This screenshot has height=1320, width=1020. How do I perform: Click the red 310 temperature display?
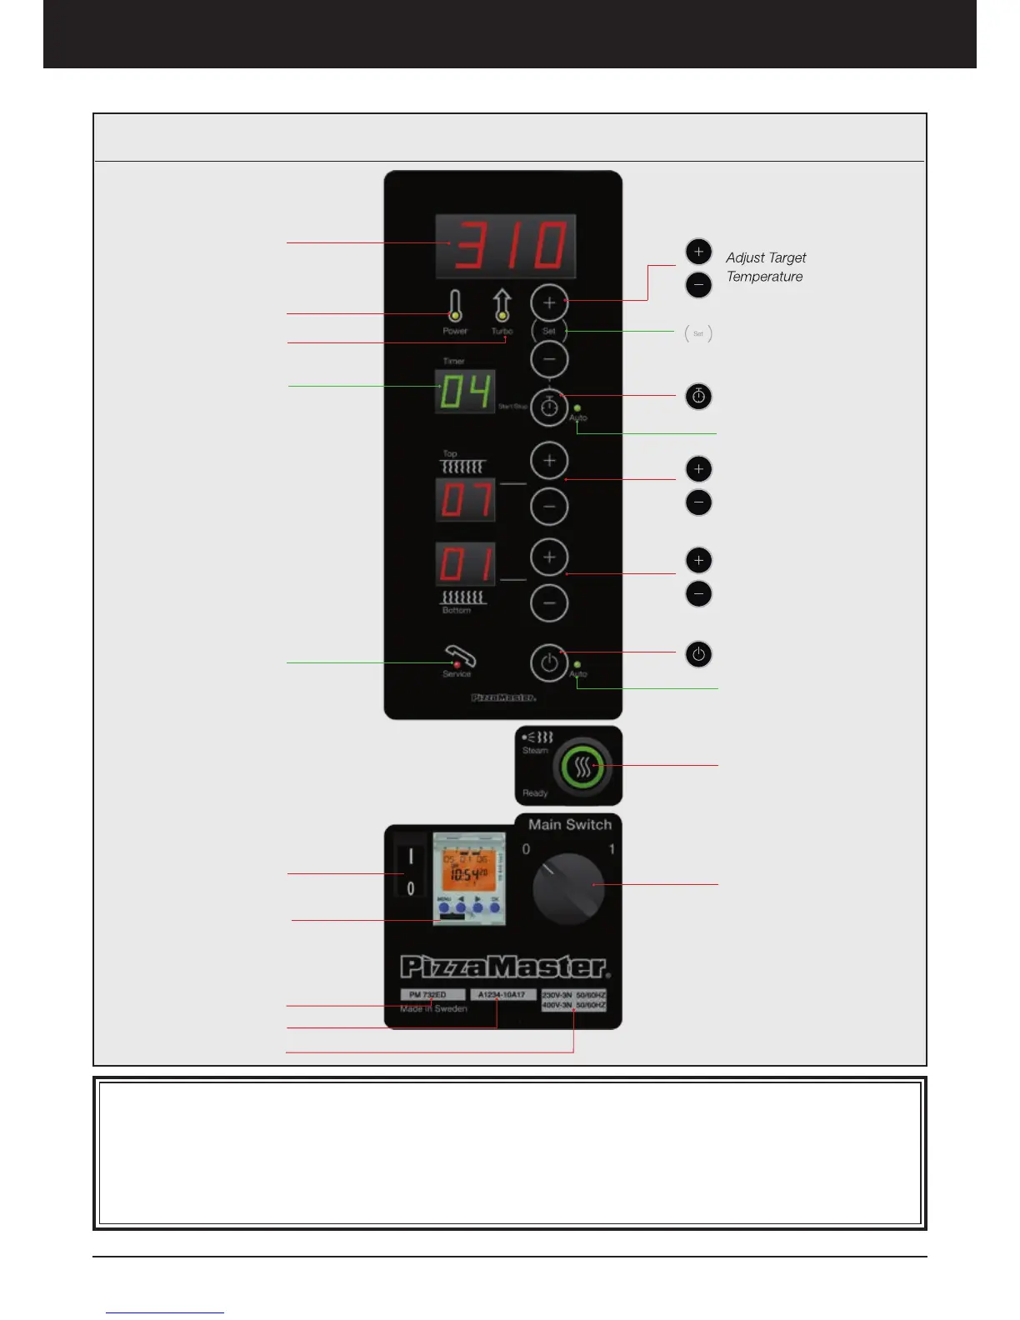506,247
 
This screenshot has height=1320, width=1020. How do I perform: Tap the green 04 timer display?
465,391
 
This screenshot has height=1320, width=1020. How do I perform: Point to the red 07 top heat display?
465,500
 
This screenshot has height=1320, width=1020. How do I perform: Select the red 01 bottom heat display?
465,564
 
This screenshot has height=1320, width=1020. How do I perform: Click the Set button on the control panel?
549,331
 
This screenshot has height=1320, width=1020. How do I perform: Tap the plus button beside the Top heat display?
549,460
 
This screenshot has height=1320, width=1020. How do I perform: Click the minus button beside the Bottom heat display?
549,603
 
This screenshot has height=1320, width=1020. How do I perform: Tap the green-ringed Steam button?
582,767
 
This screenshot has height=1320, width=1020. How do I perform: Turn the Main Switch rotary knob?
568,888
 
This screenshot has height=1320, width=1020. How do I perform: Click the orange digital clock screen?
468,870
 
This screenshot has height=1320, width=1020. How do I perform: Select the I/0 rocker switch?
410,872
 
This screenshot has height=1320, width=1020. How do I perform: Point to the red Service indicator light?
457,665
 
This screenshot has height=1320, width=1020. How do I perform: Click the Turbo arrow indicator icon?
502,305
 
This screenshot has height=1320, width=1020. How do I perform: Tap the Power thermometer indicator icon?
454,306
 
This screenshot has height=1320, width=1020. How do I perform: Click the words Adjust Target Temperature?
765,267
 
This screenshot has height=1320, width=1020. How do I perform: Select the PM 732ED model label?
432,995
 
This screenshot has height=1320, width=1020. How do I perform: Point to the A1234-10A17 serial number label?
502,995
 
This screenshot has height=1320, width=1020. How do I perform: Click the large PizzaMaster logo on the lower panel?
505,967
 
